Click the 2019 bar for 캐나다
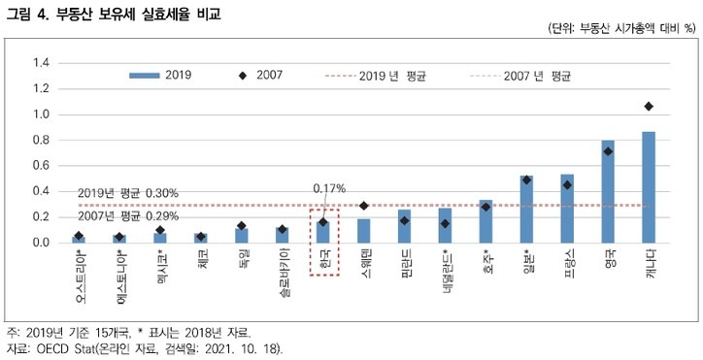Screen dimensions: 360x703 [649, 187]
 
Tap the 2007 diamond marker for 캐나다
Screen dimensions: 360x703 [649, 106]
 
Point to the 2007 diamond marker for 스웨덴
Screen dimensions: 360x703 [364, 206]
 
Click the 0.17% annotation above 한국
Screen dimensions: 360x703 [329, 188]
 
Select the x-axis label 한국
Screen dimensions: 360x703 [323, 261]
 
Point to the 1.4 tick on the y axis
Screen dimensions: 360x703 [41, 63]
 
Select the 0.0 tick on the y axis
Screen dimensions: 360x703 [41, 243]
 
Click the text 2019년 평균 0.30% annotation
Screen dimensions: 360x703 [127, 194]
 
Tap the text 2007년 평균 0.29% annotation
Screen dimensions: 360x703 [127, 216]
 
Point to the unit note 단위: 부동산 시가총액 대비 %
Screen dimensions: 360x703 [616, 30]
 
